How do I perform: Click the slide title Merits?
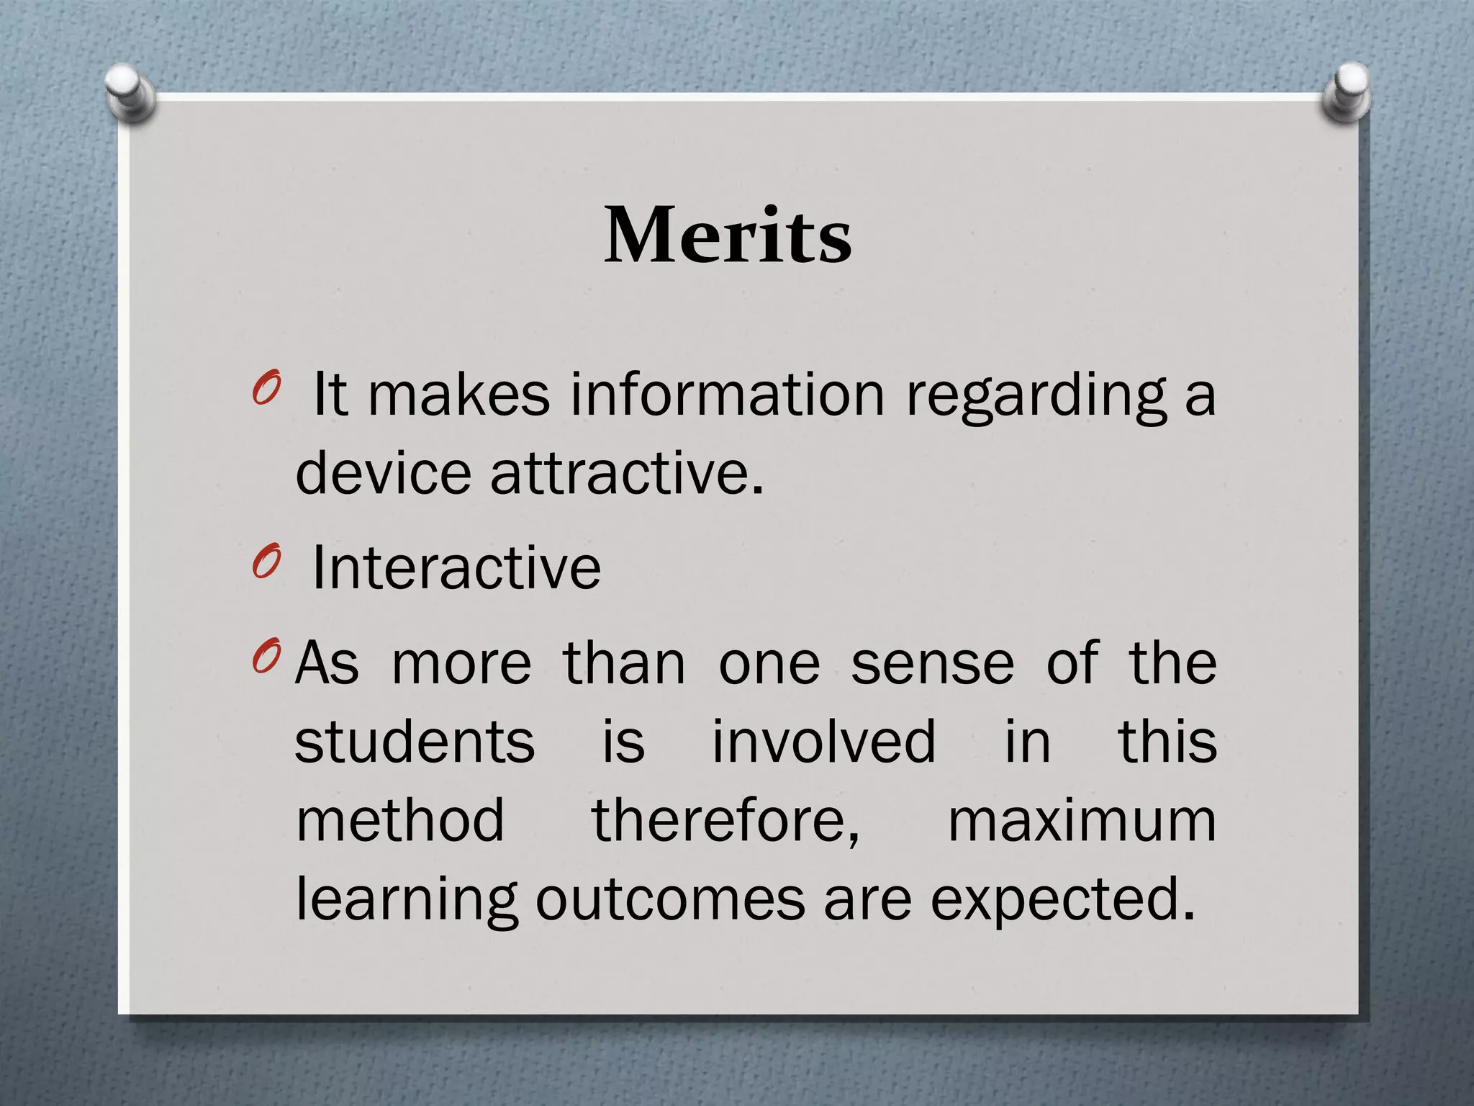click(728, 235)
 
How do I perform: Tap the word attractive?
click(626, 473)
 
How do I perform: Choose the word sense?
click(933, 664)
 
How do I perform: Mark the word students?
click(415, 742)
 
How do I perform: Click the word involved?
click(824, 742)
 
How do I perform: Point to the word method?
click(400, 821)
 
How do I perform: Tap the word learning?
click(407, 900)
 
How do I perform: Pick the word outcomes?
click(670, 900)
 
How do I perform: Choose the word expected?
click(1062, 900)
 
